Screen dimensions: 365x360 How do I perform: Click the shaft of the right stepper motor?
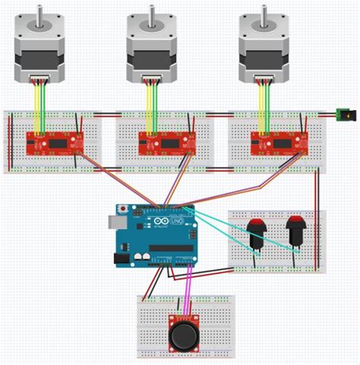click(266, 11)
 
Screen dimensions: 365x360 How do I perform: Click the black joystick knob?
click(185, 335)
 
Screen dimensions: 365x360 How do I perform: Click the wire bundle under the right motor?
click(265, 102)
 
